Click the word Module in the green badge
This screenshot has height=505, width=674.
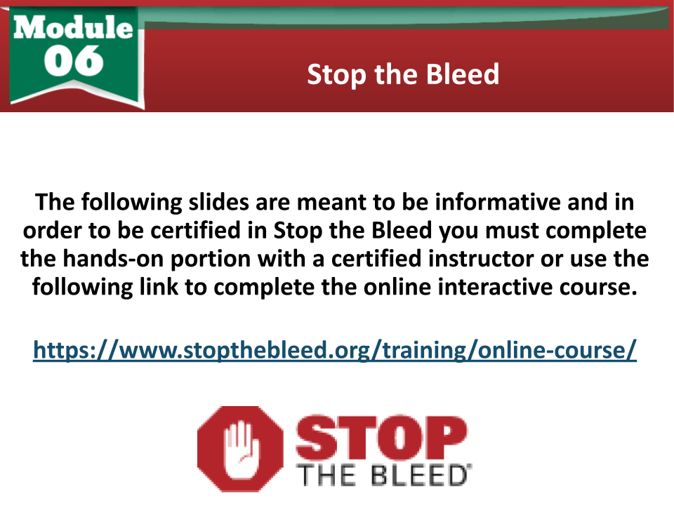coord(73,27)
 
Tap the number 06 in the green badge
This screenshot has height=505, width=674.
coord(74,60)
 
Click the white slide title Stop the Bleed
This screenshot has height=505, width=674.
coord(403,75)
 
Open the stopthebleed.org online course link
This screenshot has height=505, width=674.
coord(335,350)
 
